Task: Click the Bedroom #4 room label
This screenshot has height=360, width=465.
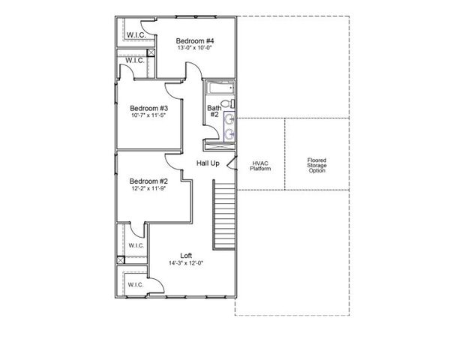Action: point(195,40)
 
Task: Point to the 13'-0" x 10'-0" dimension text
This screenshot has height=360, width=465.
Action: point(195,49)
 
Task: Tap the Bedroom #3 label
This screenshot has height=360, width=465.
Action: point(148,106)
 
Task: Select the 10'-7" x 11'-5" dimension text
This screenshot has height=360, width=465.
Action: point(148,115)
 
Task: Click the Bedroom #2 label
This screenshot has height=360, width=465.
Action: point(148,181)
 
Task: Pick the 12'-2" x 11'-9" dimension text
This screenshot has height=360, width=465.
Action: point(148,189)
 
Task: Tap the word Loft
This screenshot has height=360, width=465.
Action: point(185,256)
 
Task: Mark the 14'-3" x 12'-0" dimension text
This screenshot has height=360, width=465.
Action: point(185,264)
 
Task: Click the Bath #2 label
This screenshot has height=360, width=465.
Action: point(214,111)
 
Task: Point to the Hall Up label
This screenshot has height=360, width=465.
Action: point(208,163)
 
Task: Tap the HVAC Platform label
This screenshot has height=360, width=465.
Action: point(260,166)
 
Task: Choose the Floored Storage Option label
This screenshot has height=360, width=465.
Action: point(317,166)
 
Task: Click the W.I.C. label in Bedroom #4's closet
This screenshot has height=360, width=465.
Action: point(136,34)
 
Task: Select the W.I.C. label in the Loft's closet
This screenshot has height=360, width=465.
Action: point(136,285)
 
